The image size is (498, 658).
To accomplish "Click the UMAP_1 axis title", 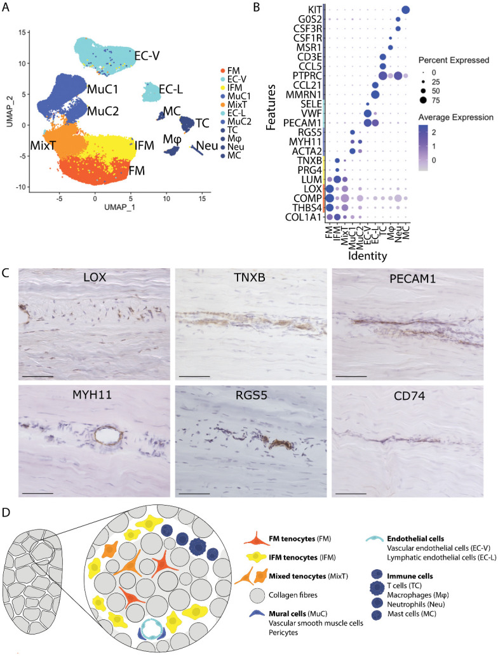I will click(97, 207).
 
